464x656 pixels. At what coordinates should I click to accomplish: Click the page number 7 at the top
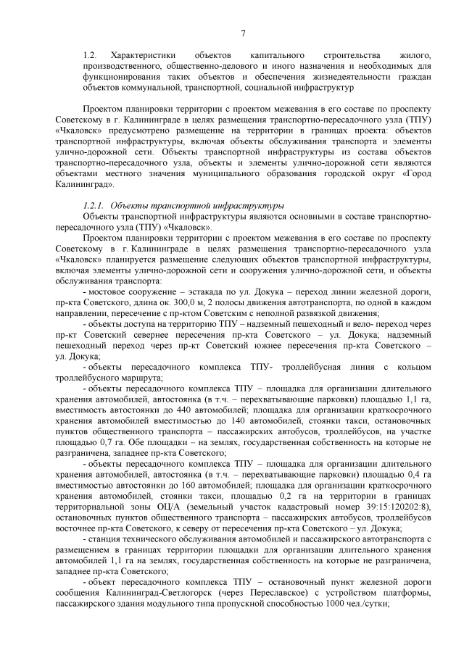(x=243, y=32)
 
